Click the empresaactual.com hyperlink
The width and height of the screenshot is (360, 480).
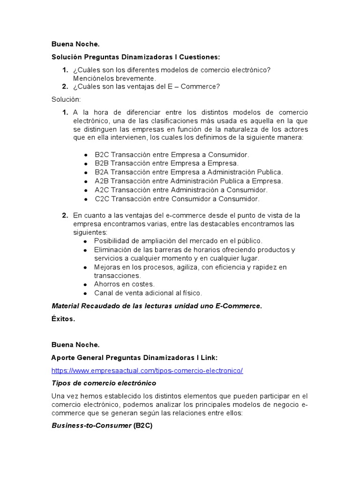tap(147, 370)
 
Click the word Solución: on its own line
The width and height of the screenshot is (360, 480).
tap(66, 99)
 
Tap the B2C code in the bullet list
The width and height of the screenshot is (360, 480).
tap(102, 154)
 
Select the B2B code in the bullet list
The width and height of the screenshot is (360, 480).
tap(102, 163)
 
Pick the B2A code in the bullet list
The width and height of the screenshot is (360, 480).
tap(102, 172)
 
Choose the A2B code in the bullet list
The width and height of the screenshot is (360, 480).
tap(102, 181)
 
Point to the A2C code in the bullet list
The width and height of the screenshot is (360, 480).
tap(102, 190)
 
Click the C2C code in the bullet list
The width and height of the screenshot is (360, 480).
tap(102, 199)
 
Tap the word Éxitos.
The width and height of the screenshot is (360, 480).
tap(63, 319)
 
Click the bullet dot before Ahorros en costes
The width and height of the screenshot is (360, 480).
tap(85, 285)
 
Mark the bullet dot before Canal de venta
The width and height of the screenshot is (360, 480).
tap(85, 293)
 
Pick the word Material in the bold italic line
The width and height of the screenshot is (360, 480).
tap(65, 306)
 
